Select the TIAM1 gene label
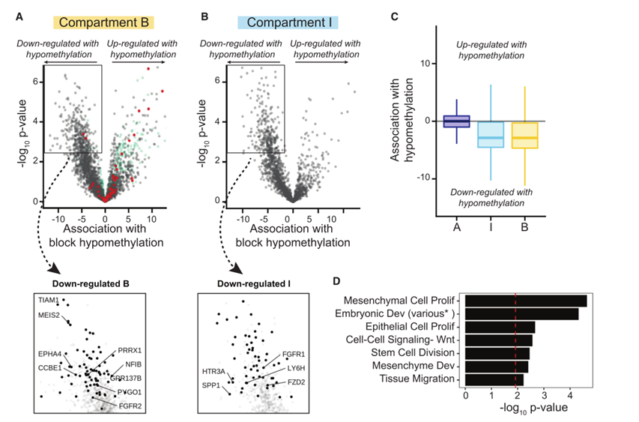(x=49, y=300)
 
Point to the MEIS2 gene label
(x=50, y=315)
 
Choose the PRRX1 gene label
(x=130, y=350)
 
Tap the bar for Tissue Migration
(x=494, y=380)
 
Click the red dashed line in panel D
(x=515, y=337)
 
